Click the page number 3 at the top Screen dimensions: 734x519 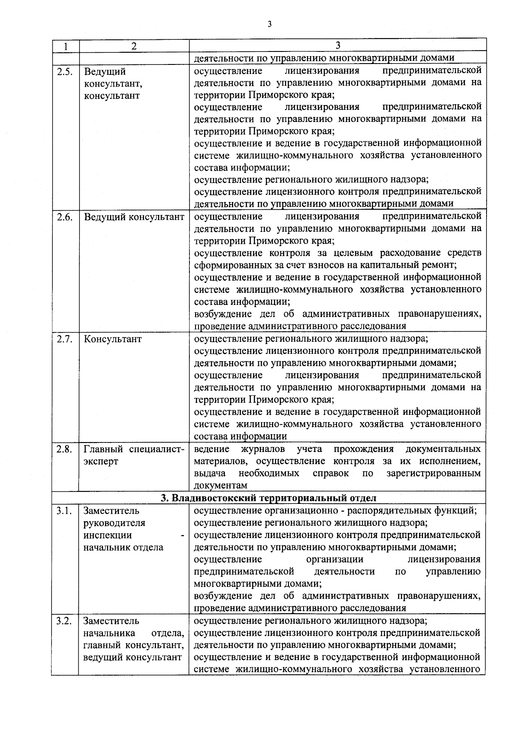tap(269, 24)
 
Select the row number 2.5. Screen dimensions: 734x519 tap(64, 72)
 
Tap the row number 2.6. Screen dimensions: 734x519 tap(64, 217)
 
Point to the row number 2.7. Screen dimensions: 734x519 tap(64, 339)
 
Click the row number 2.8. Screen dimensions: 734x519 tap(64, 449)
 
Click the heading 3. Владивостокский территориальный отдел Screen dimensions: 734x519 tap(269, 498)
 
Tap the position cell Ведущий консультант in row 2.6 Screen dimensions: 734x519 tap(134, 217)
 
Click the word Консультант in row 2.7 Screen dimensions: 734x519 tap(112, 339)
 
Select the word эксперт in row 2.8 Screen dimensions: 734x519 tap(101, 462)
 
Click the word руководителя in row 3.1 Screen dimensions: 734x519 tap(114, 523)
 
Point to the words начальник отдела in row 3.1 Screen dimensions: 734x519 tap(123, 548)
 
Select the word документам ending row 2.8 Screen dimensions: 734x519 tap(221, 486)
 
